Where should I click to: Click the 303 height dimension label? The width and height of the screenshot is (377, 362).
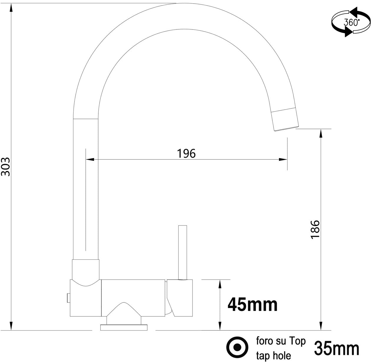(x=6, y=167)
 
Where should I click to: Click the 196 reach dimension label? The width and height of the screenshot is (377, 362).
(x=186, y=153)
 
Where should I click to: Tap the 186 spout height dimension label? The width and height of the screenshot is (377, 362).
(x=315, y=230)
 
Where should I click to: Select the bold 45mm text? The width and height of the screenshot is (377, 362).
(x=252, y=305)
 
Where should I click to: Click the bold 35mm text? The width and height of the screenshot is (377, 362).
(x=337, y=348)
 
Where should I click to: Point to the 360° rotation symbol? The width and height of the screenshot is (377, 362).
(x=351, y=22)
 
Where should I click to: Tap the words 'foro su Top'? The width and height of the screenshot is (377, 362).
(x=281, y=341)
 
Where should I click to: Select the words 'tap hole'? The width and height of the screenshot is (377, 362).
(x=274, y=355)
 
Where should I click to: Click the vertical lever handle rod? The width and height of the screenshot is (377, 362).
(x=183, y=252)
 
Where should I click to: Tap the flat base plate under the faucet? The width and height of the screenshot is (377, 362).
(x=124, y=327)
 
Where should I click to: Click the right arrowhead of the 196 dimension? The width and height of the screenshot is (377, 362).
(x=284, y=159)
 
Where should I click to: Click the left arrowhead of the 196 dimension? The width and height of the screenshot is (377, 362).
(x=90, y=159)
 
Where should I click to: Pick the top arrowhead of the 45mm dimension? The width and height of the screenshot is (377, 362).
(x=219, y=284)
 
